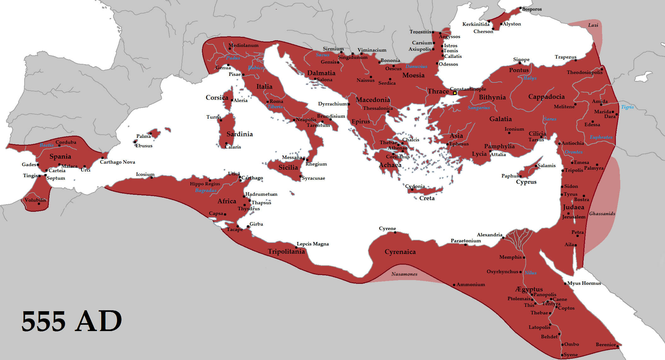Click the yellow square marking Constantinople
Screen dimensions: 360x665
pyautogui.click(x=455, y=93)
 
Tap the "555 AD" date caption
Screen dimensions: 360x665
pyautogui.click(x=72, y=321)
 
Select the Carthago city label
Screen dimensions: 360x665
pyautogui.click(x=252, y=178)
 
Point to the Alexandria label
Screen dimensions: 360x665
pyautogui.click(x=489, y=235)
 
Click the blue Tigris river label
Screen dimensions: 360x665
pyautogui.click(x=627, y=107)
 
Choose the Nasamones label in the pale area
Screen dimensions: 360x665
pyautogui.click(x=404, y=274)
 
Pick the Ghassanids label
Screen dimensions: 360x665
pyautogui.click(x=602, y=214)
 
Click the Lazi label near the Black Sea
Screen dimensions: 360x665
pyautogui.click(x=593, y=25)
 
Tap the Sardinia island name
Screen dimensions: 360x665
pyautogui.click(x=239, y=134)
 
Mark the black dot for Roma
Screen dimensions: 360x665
pyautogui.click(x=267, y=102)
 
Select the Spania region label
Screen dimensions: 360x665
pyautogui.click(x=60, y=156)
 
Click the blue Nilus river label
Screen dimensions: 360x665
pyautogui.click(x=530, y=273)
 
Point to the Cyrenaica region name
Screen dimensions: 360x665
pyautogui.click(x=400, y=252)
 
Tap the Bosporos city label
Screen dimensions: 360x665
pyautogui.click(x=532, y=9)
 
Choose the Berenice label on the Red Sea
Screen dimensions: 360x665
pyautogui.click(x=605, y=345)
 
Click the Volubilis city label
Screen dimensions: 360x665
pyautogui.click(x=35, y=200)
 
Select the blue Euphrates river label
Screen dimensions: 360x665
pyautogui.click(x=601, y=137)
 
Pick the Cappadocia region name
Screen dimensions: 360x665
pyautogui.click(x=546, y=97)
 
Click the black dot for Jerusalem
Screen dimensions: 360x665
pyautogui.click(x=568, y=213)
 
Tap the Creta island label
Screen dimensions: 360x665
pyautogui.click(x=427, y=198)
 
